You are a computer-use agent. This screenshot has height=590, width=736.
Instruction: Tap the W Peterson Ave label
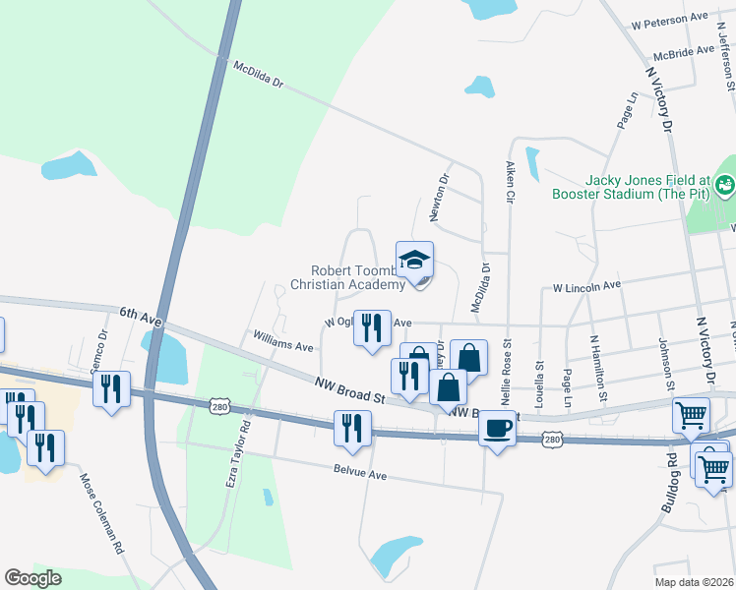[x=670, y=20]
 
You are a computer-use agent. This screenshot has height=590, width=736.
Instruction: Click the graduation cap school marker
[x=415, y=261]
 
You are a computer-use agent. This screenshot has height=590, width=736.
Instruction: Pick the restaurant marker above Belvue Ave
[x=351, y=428]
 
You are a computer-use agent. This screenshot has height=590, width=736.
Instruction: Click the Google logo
[x=32, y=578]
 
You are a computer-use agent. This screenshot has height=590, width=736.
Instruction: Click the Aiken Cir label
[x=510, y=183]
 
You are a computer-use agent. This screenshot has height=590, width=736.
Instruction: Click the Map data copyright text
[x=695, y=582]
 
